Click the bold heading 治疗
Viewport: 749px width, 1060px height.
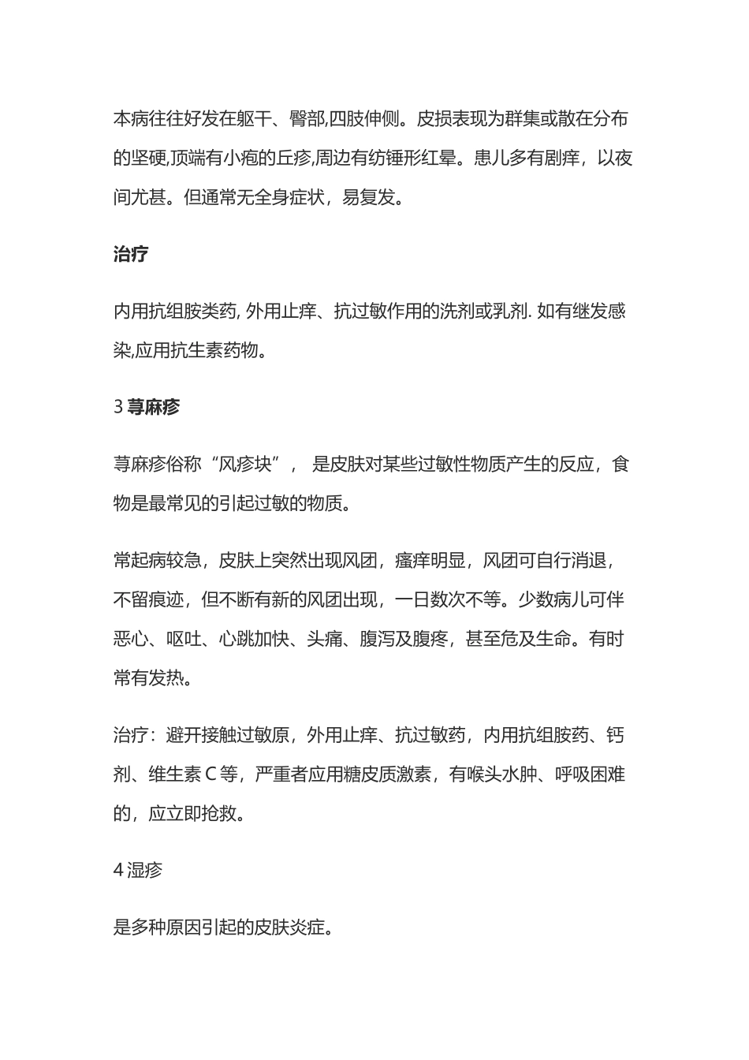(x=131, y=255)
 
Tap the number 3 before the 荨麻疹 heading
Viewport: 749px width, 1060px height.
(x=118, y=407)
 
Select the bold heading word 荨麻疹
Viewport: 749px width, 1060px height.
(x=154, y=407)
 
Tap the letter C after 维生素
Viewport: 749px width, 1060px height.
(x=211, y=774)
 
